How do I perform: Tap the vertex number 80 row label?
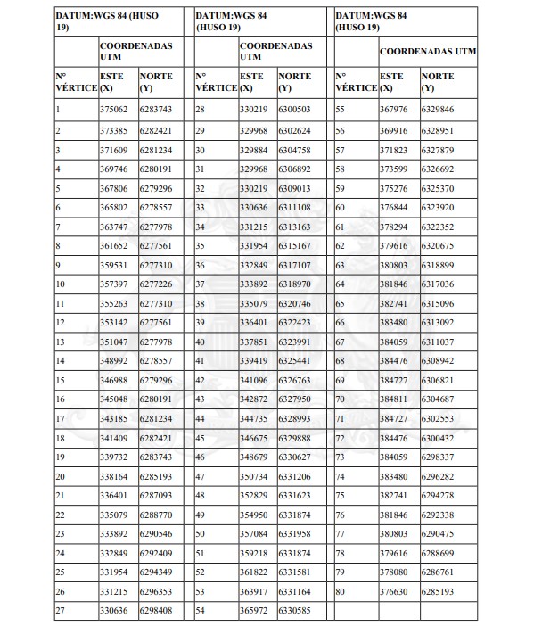point(341,590)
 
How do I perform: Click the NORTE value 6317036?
point(437,284)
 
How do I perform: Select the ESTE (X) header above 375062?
point(112,82)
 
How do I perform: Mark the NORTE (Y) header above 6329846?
point(436,82)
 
